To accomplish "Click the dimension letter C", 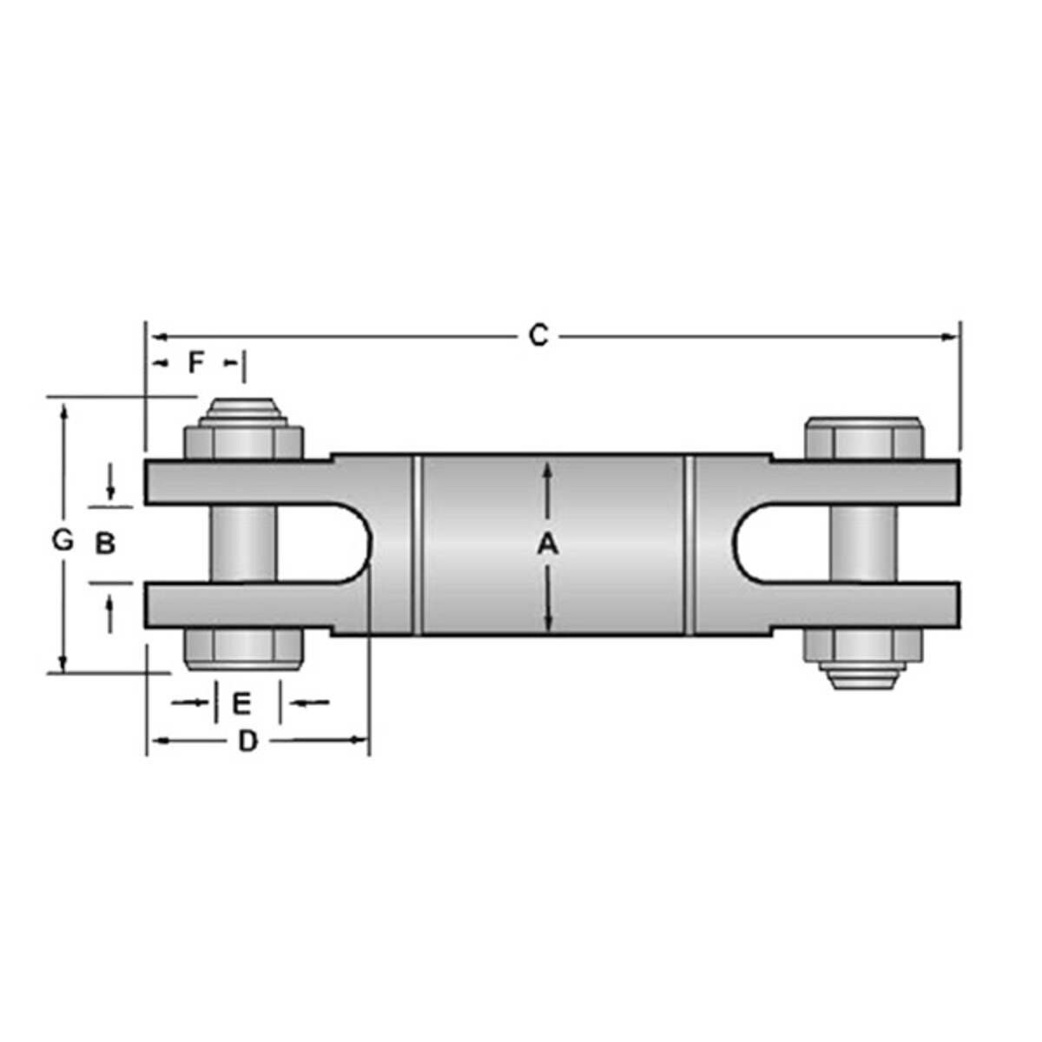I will (539, 336).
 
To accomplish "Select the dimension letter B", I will (104, 544).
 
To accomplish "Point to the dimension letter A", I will (547, 544).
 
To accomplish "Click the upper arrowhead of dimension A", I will (547, 470).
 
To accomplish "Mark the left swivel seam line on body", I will (418, 544).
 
